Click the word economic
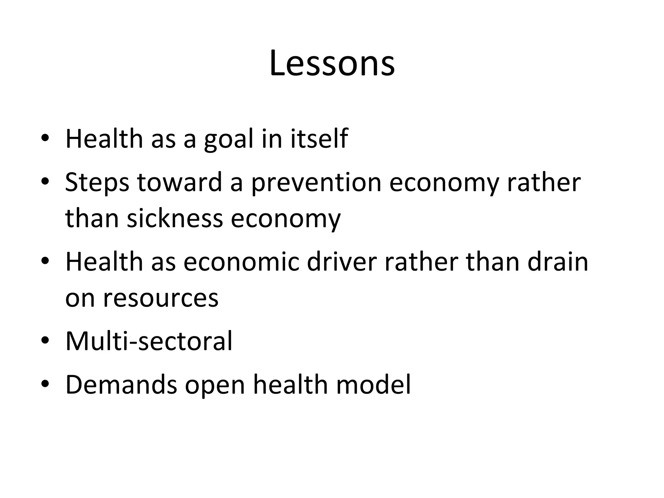(241, 262)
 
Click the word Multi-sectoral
(149, 341)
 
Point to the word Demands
(121, 385)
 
